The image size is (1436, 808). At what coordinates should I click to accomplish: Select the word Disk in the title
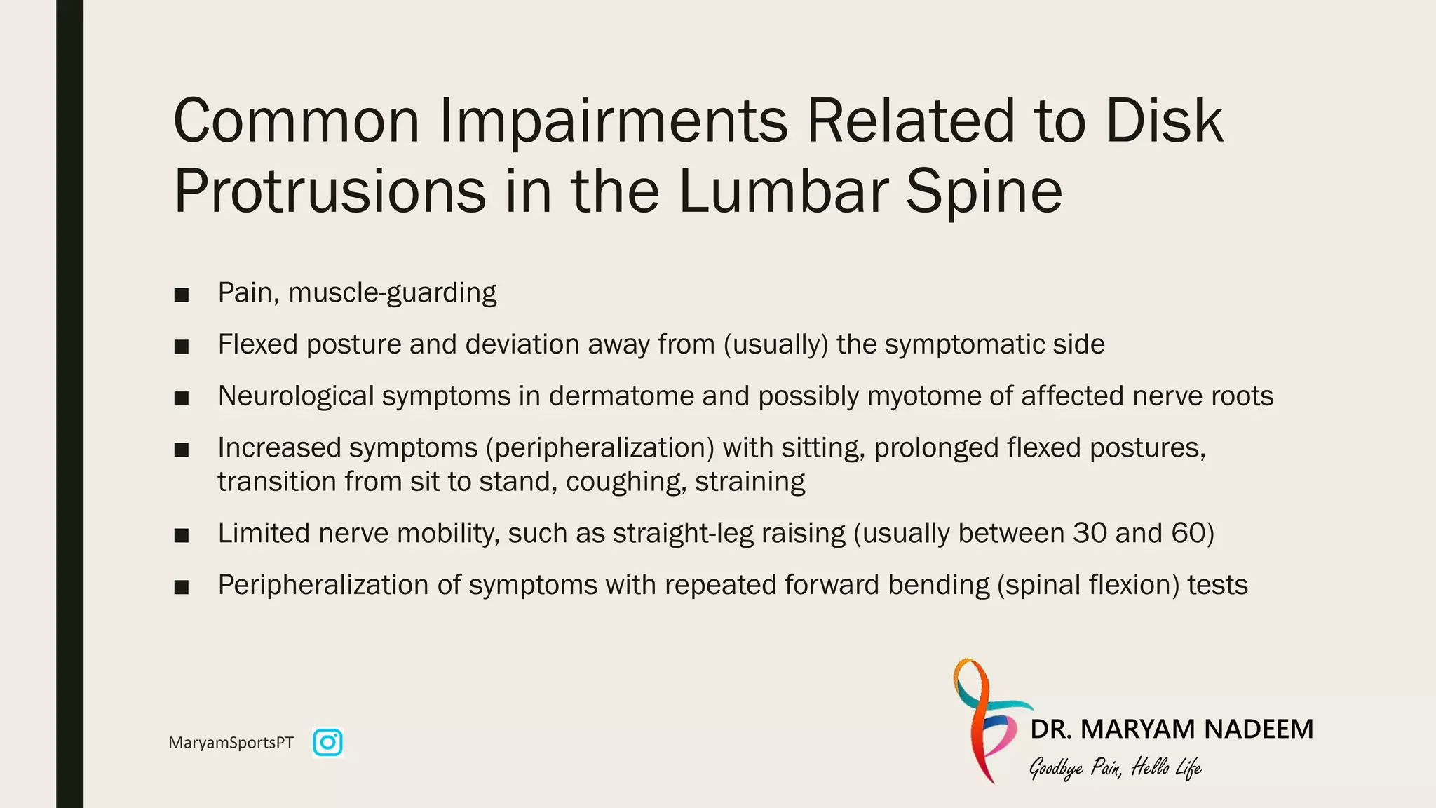[x=1163, y=121]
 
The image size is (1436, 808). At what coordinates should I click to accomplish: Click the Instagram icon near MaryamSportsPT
[x=327, y=743]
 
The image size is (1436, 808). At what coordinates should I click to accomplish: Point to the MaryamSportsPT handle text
[x=231, y=743]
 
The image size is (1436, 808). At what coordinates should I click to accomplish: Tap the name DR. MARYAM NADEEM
[x=1172, y=729]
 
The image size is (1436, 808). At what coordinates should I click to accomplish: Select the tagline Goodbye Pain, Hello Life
[x=1115, y=768]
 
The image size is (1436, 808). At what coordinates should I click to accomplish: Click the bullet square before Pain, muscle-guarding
[x=182, y=295]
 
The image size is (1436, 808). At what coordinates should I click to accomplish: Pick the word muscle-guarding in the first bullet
[x=392, y=292]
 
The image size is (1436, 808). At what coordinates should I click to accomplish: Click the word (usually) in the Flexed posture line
[x=775, y=344]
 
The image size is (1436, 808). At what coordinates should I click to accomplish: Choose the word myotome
[x=924, y=396]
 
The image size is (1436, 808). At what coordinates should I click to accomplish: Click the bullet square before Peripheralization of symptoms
[x=182, y=587]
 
